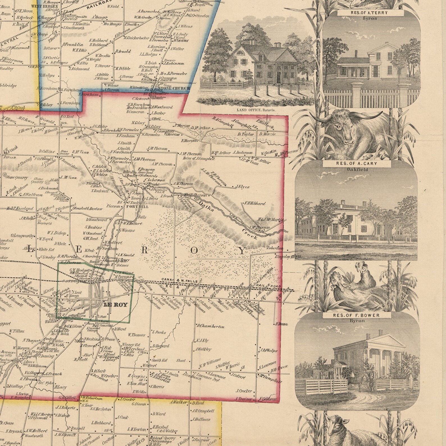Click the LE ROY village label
click(115, 304)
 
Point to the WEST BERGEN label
click(48, 6)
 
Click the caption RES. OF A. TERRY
click(371, 13)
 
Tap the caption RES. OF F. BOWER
click(356, 315)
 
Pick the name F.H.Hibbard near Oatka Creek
click(254, 203)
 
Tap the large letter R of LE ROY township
click(144, 251)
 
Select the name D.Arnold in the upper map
click(123, 51)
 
